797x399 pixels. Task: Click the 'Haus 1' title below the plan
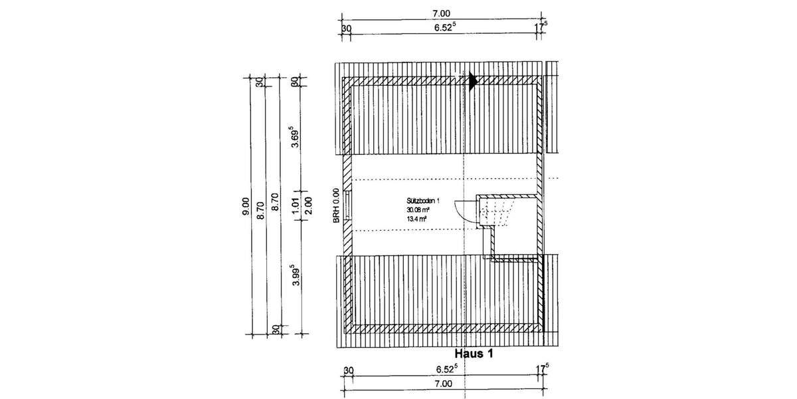pos(474,354)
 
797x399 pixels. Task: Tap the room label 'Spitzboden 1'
pos(424,200)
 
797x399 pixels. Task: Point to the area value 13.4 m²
pos(417,217)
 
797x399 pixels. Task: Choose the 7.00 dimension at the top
pos(441,13)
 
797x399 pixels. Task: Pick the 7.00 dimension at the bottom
pos(443,384)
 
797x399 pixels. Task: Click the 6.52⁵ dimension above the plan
pos(445,29)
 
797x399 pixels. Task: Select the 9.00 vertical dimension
pos(245,203)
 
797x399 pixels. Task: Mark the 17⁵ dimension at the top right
pos(542,28)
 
